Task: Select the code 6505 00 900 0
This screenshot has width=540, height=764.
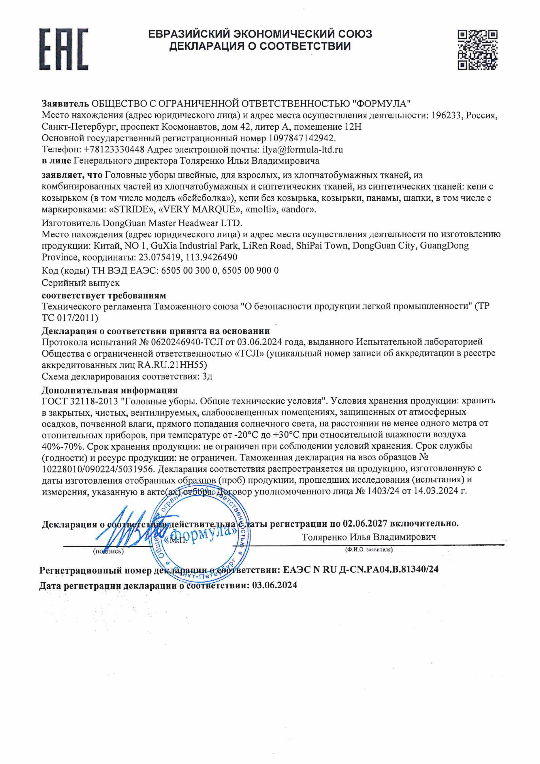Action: (250, 270)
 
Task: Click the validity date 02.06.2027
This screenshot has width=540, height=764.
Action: (365, 523)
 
